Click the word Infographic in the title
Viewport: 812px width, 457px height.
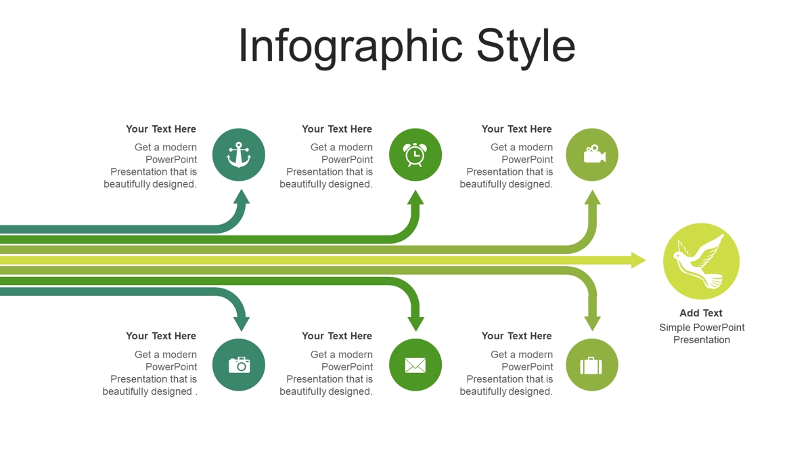[351, 47]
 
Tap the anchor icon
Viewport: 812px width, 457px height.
[238, 154]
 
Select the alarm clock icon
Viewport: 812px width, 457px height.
[415, 154]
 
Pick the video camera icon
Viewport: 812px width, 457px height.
[595, 154]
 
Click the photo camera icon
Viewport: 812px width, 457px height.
[240, 365]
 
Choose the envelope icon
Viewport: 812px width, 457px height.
[415, 365]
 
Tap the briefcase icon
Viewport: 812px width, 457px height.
[591, 366]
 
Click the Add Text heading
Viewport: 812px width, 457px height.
[701, 313]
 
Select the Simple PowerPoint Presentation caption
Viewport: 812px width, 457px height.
[702, 334]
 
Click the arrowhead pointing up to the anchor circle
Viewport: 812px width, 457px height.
[242, 197]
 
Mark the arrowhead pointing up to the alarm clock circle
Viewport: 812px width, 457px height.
[415, 197]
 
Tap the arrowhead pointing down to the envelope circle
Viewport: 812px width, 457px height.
[415, 324]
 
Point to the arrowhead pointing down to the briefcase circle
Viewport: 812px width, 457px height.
[592, 324]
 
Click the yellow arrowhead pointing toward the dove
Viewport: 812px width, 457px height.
[638, 260]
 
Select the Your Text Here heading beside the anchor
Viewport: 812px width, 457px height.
[161, 129]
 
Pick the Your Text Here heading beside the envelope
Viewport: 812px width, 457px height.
[337, 336]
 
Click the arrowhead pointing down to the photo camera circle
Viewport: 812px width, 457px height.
[242, 324]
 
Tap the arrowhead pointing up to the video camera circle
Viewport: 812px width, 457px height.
[592, 197]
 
